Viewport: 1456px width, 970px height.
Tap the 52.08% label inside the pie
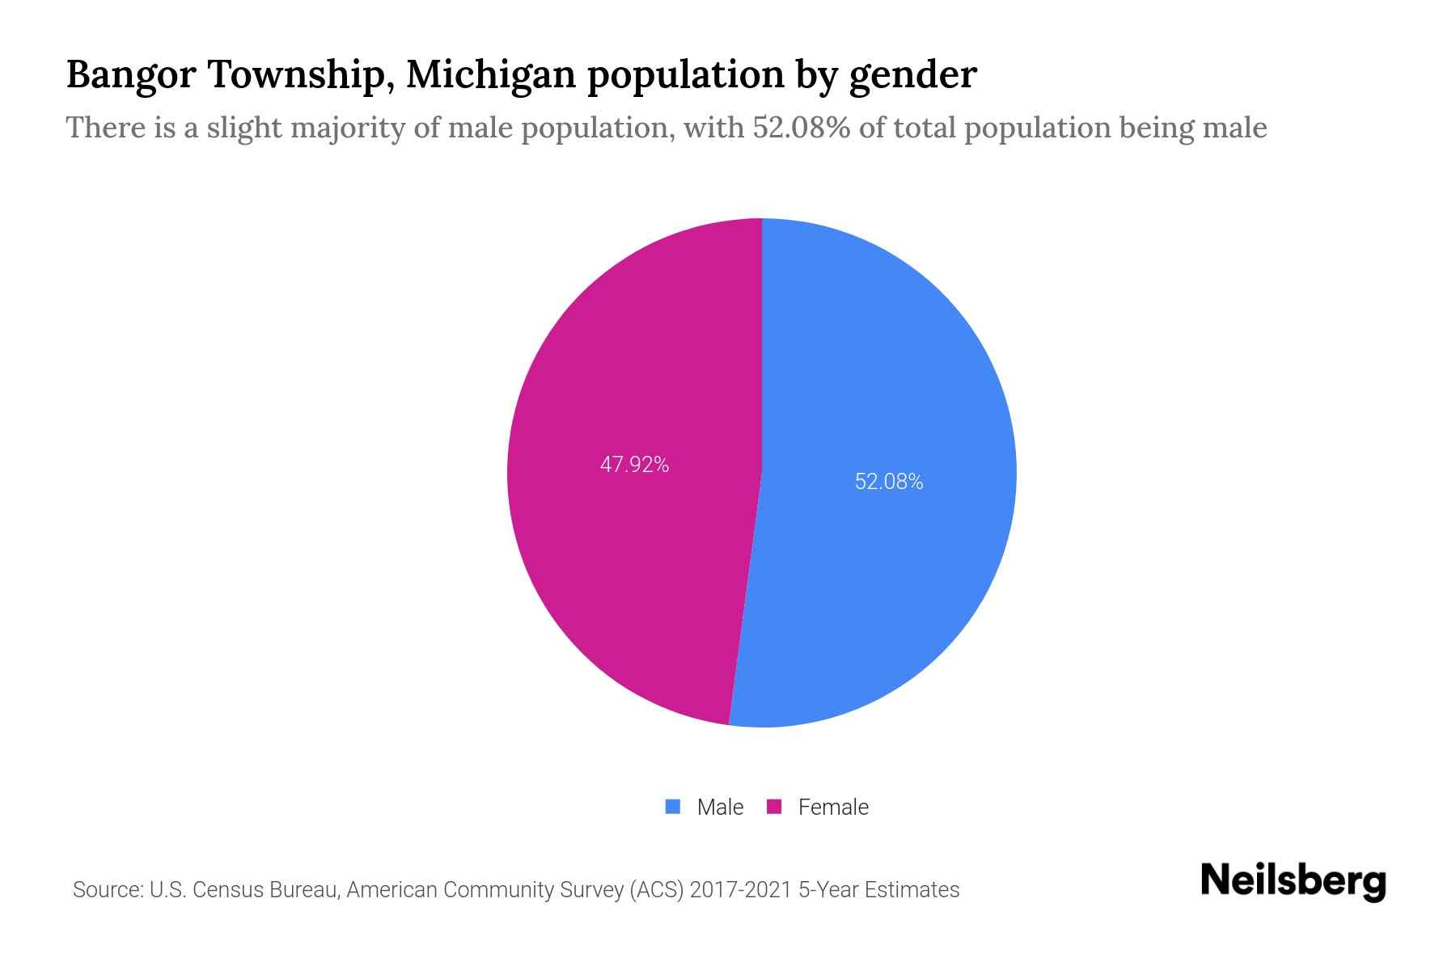[x=888, y=482]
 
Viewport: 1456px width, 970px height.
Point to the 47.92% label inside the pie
[x=634, y=465]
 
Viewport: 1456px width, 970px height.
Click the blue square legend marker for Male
[x=672, y=807]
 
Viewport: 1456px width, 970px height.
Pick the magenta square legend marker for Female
[x=774, y=807]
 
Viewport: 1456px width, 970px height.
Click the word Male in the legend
[x=720, y=807]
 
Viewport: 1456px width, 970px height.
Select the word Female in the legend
[x=833, y=807]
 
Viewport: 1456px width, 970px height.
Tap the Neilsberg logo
[x=1293, y=881]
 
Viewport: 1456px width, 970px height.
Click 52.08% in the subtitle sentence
[x=802, y=128]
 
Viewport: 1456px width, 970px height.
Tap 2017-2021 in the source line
[x=740, y=890]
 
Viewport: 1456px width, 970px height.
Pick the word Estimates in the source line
[x=912, y=890]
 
